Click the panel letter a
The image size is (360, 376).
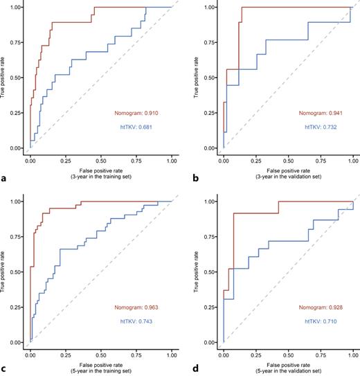[x=5, y=179]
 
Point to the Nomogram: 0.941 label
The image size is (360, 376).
[x=322, y=114]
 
